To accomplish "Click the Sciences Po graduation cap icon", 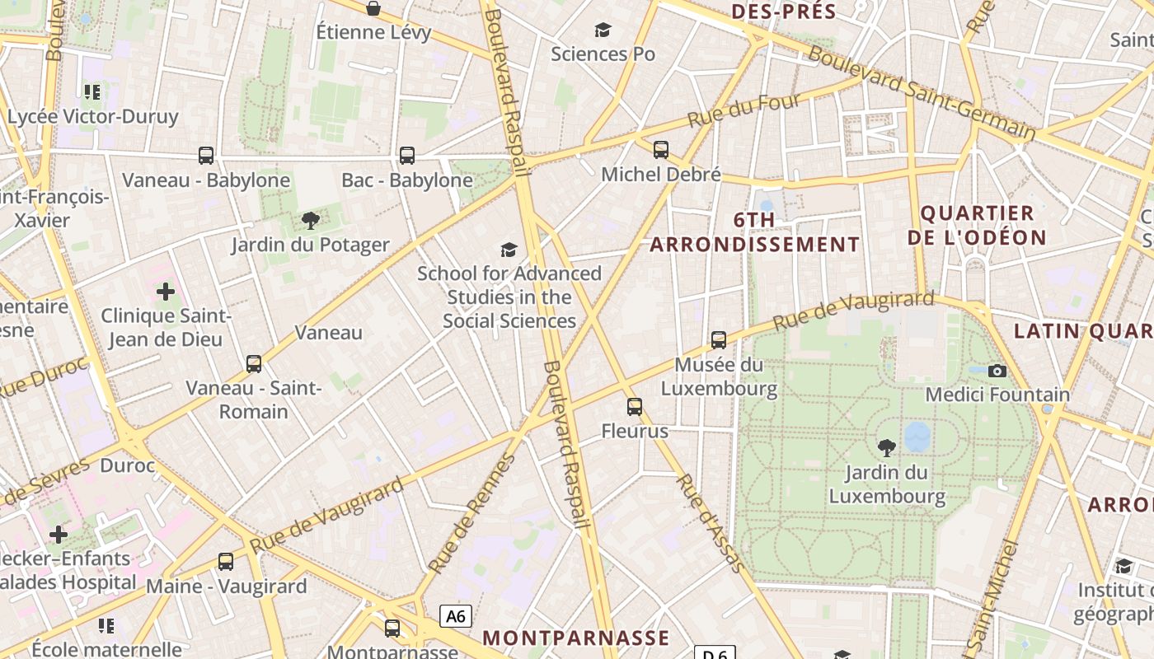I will pos(603,30).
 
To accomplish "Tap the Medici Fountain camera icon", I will pos(997,372).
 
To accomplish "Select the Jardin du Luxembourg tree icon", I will pos(887,448).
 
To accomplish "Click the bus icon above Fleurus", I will pos(634,407).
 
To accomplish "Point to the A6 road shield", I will pos(456,616).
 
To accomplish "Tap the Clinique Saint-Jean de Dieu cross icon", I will pos(166,292).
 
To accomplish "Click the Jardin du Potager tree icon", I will pos(310,221).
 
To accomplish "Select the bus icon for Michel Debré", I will pos(661,150).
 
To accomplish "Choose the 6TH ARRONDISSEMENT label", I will pos(754,232).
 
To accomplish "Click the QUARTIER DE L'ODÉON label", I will pos(977,226).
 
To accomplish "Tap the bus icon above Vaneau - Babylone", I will pos(206,156).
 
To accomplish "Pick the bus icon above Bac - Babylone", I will pos(407,156).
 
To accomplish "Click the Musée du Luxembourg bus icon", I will pos(719,340).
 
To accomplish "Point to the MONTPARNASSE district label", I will pos(575,638).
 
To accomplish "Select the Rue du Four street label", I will pos(744,110).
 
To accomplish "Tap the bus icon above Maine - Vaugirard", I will pos(226,562).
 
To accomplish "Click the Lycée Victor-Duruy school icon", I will pos(92,92).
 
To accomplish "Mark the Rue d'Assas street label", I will pos(711,523).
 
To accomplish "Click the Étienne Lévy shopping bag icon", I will pos(373,9).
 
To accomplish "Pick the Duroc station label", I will pos(128,465).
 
